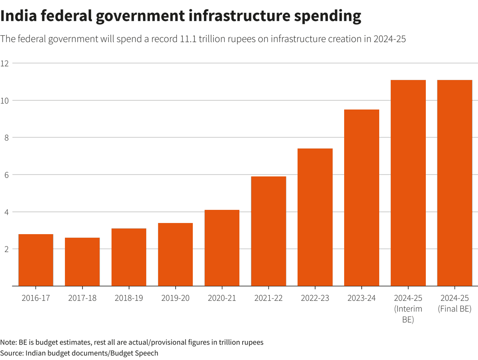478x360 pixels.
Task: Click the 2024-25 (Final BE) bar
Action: click(x=454, y=183)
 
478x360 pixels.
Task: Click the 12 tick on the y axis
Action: click(x=5, y=63)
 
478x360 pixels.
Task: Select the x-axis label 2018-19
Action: click(x=129, y=298)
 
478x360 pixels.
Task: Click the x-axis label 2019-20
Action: click(x=175, y=298)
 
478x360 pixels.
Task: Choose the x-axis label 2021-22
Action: click(x=268, y=298)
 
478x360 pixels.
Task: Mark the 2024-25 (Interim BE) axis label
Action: click(x=408, y=309)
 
